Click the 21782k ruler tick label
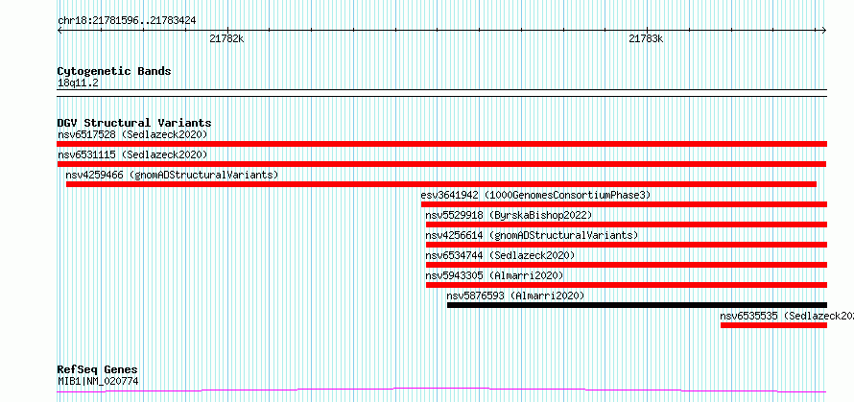coord(226,39)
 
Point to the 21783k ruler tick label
coord(646,39)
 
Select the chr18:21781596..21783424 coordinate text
coord(127,21)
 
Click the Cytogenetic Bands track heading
coord(114,71)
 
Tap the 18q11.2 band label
coord(78,83)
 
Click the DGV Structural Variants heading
coord(134,123)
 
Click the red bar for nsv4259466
coord(441,184)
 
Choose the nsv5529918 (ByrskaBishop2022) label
coord(509,215)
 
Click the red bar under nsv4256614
coord(627,245)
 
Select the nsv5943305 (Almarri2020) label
coord(494,275)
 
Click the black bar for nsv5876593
coord(637,305)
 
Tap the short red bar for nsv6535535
coord(774,325)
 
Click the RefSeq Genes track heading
coord(97,370)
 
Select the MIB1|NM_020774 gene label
coord(98,381)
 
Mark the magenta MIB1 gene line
coord(441,390)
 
